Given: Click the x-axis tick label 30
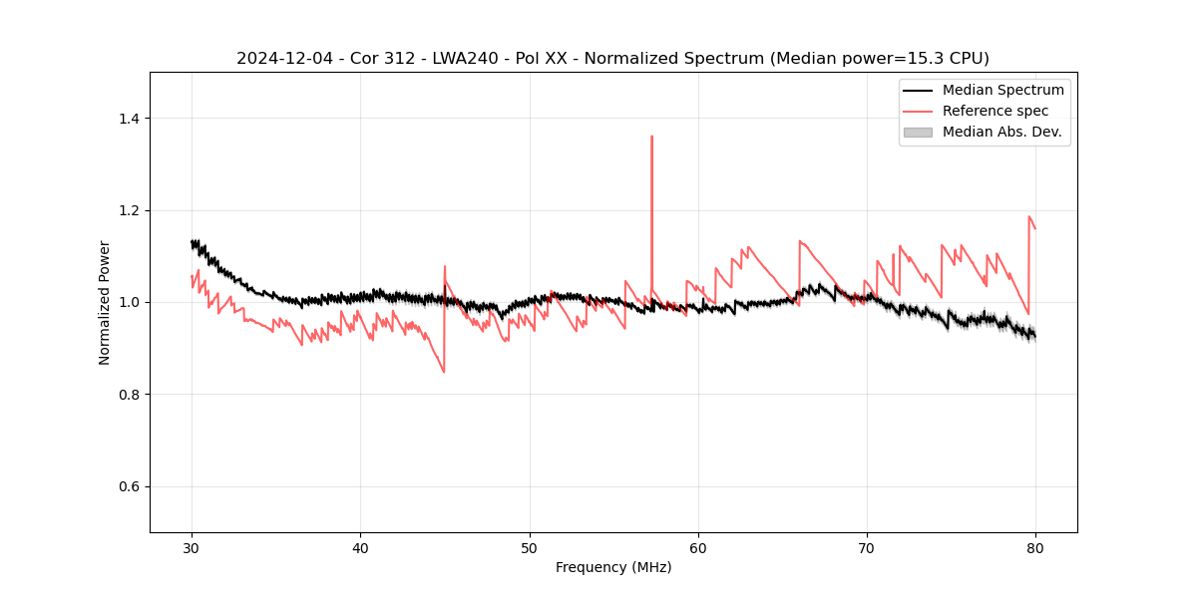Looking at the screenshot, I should (x=192, y=548).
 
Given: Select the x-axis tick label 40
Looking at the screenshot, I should (x=361, y=548).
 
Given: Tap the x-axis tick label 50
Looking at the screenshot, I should (x=530, y=548).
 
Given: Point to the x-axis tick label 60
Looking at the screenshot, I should (x=698, y=548).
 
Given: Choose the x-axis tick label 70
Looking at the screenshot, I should (x=867, y=548).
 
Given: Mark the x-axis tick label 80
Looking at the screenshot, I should (x=1035, y=548).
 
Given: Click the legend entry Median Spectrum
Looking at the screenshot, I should (x=1002, y=90).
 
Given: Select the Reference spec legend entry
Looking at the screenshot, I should (x=996, y=111).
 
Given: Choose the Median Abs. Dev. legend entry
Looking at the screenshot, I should (x=1001, y=132).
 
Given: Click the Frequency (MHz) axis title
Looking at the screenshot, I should (x=613, y=568).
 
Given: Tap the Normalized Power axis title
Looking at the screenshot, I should (x=104, y=302).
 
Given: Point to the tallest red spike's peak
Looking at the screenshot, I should (x=651, y=137).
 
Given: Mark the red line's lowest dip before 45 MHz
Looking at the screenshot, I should (x=444, y=372).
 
